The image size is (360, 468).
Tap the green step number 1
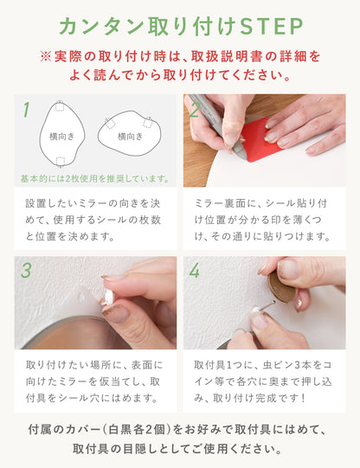click(x=26, y=110)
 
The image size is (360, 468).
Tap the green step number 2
click(x=195, y=110)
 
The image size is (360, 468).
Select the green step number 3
click(x=26, y=271)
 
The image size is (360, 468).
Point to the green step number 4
click(x=195, y=271)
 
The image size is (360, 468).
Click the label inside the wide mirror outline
click(x=129, y=135)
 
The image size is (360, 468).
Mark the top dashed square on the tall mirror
click(x=59, y=106)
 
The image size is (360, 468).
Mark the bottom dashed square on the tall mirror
click(x=59, y=162)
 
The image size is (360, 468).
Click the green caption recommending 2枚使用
click(x=94, y=179)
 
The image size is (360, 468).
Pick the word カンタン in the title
click(x=91, y=22)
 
